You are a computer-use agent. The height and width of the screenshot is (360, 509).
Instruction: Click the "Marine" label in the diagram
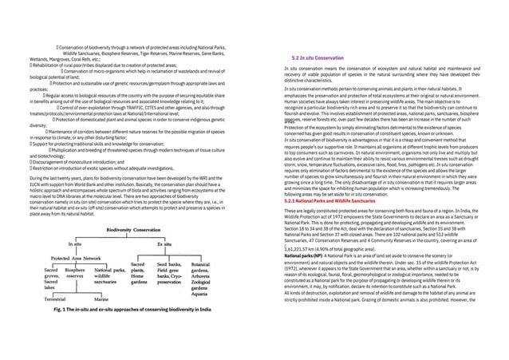pyautogui.click(x=105, y=297)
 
